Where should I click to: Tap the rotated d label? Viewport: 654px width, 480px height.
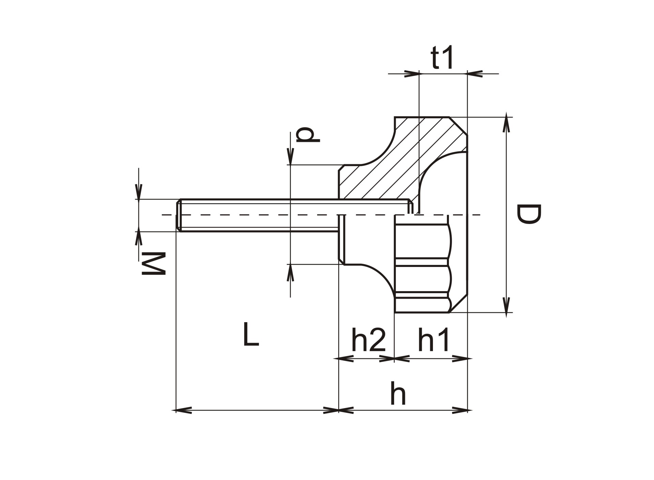pos(308,135)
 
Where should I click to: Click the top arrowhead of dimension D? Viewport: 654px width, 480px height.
pos(507,122)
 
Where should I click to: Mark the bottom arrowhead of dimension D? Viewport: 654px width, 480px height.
pos(507,307)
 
